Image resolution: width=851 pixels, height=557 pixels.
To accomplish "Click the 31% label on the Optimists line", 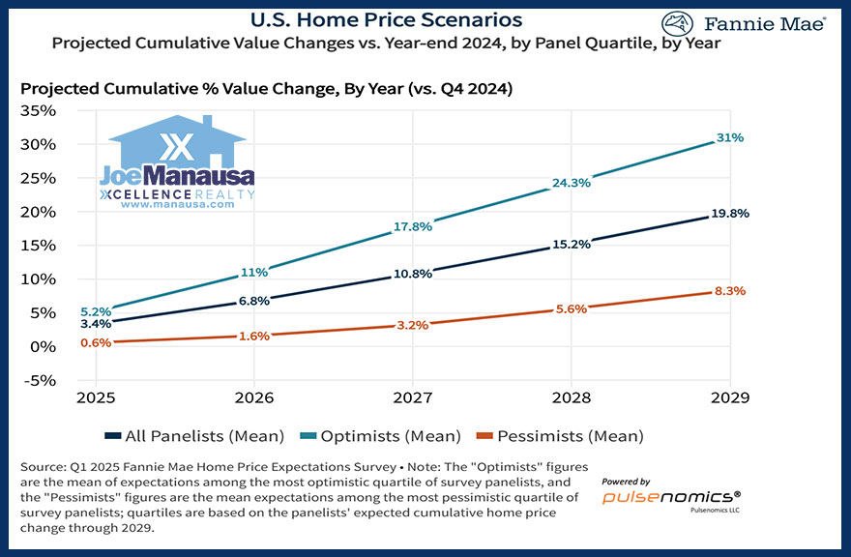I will (x=730, y=137).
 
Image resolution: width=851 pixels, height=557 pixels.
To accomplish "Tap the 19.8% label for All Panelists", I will (x=730, y=214).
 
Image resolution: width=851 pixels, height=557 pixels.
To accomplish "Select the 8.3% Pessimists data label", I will (x=730, y=290).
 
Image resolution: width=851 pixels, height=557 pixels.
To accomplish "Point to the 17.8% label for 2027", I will (x=412, y=227).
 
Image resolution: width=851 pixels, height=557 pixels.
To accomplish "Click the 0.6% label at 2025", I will (x=96, y=342).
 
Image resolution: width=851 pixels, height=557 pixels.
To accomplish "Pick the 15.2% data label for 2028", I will (x=571, y=245).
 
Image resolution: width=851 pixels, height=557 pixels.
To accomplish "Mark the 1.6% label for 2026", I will (x=254, y=336).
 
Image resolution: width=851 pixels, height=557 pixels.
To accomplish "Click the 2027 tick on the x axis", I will (x=412, y=396).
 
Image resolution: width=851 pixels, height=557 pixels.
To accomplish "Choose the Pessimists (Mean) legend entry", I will (x=570, y=436).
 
